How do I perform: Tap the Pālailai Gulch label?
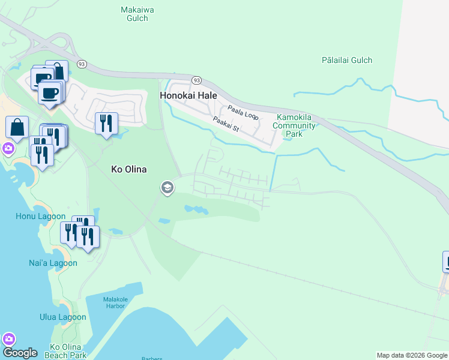tap(346, 60)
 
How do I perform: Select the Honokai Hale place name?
tap(188, 95)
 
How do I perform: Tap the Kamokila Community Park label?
tap(294, 125)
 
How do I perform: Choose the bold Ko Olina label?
tap(129, 169)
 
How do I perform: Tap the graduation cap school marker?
tap(167, 188)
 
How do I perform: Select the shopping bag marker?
tap(17, 127)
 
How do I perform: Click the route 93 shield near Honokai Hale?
tap(196, 80)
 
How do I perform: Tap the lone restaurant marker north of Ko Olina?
tap(106, 123)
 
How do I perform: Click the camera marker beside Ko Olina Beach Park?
tap(8, 338)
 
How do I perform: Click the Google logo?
tap(20, 353)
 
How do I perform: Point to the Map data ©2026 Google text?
tap(411, 355)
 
